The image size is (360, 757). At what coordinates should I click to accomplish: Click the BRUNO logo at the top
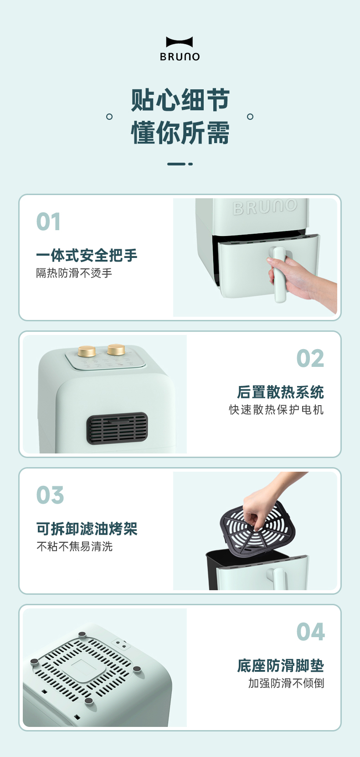point(180,49)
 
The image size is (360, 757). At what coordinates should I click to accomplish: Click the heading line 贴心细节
point(180,100)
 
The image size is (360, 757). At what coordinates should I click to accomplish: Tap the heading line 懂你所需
point(180,132)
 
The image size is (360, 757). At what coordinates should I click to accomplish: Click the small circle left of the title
point(109,117)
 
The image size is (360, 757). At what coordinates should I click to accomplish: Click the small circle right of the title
point(250,117)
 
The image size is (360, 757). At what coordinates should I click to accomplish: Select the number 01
point(48,221)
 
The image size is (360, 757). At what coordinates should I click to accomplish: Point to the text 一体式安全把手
point(87,255)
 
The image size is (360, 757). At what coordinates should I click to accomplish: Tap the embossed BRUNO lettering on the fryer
point(265,207)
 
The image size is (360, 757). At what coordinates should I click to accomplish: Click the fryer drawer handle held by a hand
point(279,274)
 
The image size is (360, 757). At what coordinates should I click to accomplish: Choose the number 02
point(310,358)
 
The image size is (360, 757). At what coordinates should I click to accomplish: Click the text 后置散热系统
point(280,392)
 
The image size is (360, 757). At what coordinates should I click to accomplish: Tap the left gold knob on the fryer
point(87,351)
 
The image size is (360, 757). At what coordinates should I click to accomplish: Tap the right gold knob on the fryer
point(116,350)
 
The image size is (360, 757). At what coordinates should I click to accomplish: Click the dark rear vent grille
point(117,428)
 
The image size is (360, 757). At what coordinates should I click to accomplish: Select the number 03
point(50,495)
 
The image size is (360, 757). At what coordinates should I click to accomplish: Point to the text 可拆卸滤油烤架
point(87,529)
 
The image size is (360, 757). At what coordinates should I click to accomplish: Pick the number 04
point(311,632)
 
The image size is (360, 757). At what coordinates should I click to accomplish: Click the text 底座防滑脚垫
point(281,665)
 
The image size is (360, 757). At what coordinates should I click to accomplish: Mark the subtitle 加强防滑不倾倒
point(286,683)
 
